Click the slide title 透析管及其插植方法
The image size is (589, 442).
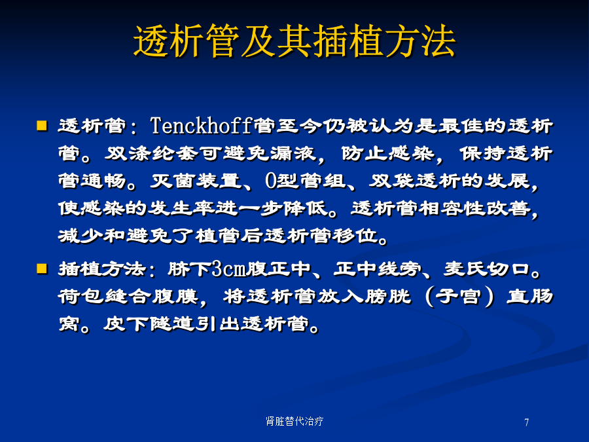coord(294,41)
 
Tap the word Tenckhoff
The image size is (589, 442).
coord(201,126)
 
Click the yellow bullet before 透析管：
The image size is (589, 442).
coord(42,125)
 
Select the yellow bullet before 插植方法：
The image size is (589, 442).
coord(42,268)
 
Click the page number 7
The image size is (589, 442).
coord(527,422)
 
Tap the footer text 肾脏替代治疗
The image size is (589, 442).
coord(294,421)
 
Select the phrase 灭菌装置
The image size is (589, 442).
coord(196,181)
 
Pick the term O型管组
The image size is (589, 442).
coord(306,181)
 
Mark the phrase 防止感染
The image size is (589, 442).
coord(387,153)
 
